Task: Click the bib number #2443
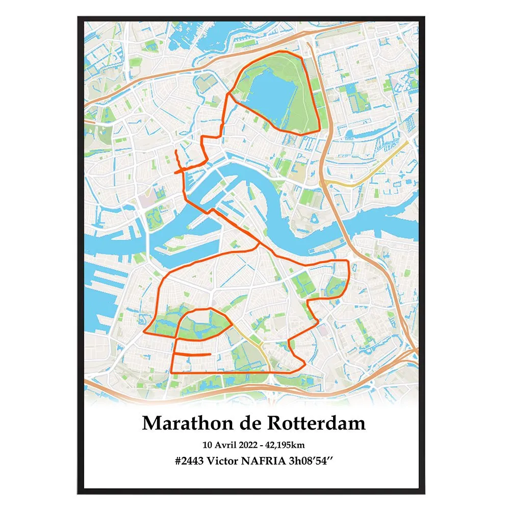[189, 460]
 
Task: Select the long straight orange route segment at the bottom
[229, 373]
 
